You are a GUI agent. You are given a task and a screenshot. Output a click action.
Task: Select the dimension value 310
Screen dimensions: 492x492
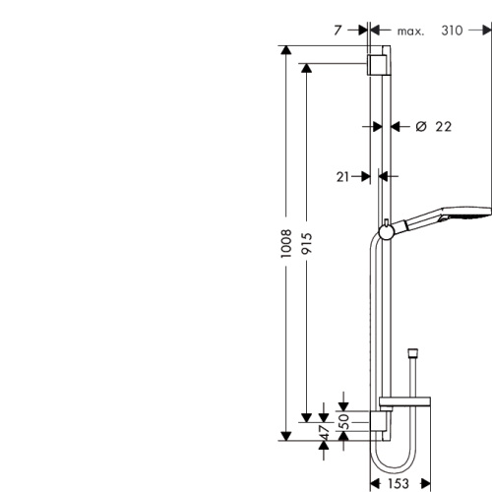pos(453,31)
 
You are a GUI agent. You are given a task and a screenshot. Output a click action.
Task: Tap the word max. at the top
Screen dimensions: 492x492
pos(409,31)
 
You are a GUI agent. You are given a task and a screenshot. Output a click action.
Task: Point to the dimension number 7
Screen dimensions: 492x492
pos(338,31)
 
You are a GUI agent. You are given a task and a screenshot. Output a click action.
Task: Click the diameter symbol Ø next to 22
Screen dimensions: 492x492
pos(420,126)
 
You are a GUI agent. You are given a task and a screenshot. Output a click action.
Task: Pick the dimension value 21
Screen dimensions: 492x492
pos(343,176)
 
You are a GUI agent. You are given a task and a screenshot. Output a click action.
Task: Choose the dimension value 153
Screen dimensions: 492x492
pos(398,483)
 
